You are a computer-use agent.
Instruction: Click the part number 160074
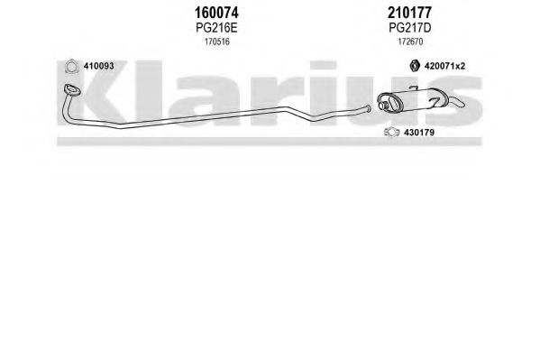216,13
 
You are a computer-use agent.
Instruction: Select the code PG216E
216,28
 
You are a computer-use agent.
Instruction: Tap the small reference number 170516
216,42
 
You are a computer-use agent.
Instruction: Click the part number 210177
409,13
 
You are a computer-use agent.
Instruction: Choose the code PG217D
409,28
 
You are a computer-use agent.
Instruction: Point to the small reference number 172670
410,42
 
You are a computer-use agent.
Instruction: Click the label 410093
98,66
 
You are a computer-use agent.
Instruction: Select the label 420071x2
444,66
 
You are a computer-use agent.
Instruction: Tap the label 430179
419,133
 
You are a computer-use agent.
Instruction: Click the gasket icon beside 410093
71,67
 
